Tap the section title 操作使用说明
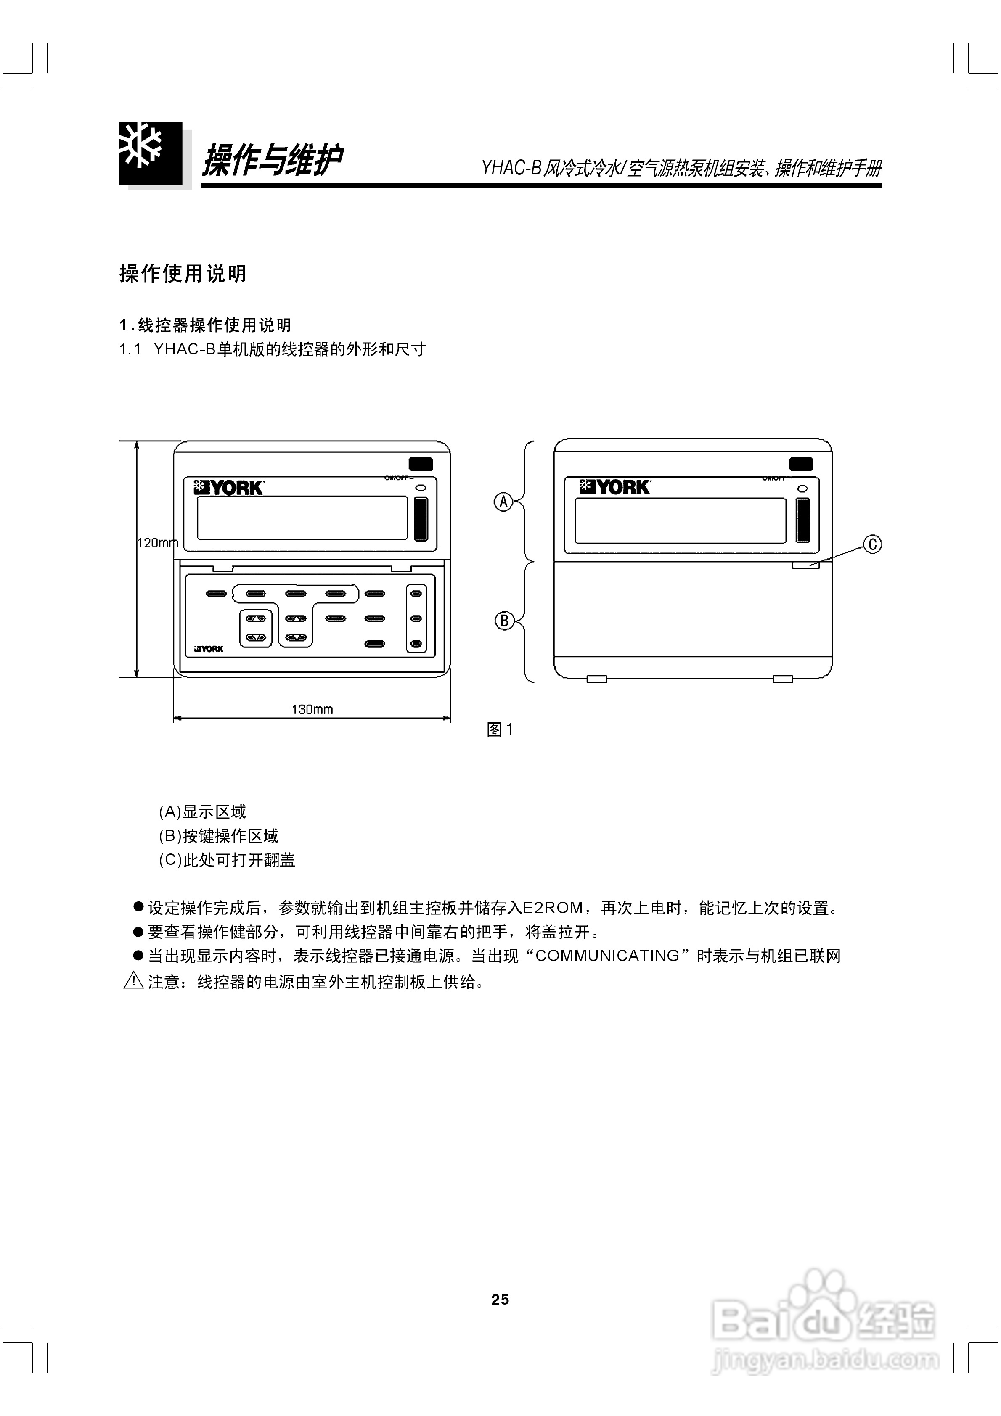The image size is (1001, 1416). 183,273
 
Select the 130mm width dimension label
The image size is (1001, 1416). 312,709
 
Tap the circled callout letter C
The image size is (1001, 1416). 872,544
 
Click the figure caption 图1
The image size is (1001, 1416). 500,729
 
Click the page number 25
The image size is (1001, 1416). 500,1300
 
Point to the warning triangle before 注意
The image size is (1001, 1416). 133,981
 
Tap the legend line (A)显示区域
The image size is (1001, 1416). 202,811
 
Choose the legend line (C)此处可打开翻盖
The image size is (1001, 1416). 227,860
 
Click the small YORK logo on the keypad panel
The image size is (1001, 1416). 209,649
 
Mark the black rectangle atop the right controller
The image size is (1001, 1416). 800,464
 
